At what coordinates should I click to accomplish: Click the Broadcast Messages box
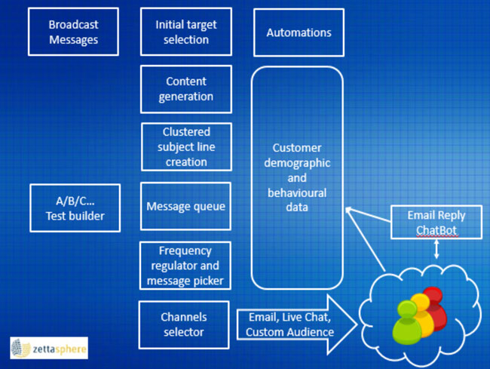pos(73,32)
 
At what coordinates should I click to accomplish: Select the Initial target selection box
pos(185,32)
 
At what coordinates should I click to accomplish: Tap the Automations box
pos(299,32)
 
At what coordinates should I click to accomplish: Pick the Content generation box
pos(185,89)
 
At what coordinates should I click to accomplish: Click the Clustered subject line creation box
pos(185,146)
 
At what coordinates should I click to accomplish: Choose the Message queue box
pos(185,206)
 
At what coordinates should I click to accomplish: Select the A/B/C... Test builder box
pos(75,208)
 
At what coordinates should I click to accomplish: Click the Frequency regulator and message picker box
pos(185,266)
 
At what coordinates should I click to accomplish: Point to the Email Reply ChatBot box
pos(436,221)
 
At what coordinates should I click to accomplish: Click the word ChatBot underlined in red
pos(436,229)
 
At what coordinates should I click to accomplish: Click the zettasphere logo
pos(49,348)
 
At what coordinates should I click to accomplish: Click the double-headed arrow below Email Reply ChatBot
pos(436,250)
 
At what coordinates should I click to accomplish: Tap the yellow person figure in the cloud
pos(421,313)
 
